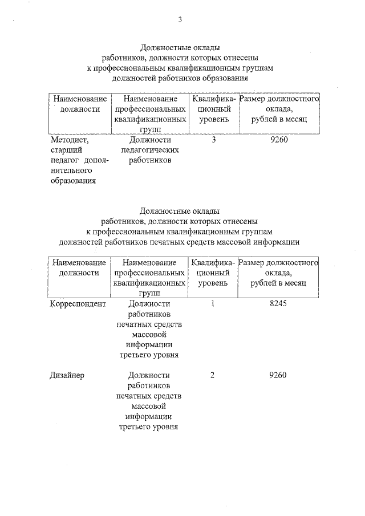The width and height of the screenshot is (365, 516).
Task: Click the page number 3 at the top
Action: click(180, 20)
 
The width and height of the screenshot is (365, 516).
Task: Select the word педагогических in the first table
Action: click(150, 150)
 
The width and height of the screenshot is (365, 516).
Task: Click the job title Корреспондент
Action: click(78, 304)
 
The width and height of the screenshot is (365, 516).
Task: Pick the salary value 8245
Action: click(278, 304)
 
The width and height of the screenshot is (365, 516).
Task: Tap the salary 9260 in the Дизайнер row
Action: click(278, 375)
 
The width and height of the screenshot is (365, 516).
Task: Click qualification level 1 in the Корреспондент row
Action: click(213, 304)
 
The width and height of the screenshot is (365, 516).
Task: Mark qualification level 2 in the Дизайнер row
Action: click(213, 375)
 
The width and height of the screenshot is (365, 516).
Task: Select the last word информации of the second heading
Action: click(276, 242)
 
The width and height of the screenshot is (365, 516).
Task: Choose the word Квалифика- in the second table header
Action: click(213, 263)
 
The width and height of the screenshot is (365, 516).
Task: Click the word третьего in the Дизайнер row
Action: click(133, 426)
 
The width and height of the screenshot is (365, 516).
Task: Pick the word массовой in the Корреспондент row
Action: click(150, 334)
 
